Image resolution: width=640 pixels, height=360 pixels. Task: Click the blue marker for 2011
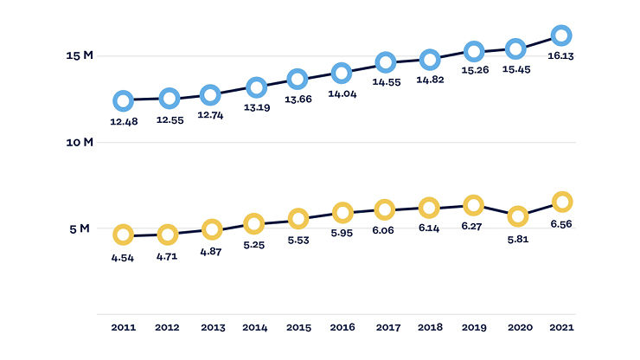pyautogui.click(x=115, y=100)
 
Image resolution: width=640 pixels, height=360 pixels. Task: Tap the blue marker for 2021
pyautogui.click(x=554, y=35)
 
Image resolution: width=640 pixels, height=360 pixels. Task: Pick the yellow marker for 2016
pyautogui.click(x=335, y=213)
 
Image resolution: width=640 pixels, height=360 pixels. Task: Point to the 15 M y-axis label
pyautogui.click(x=80, y=55)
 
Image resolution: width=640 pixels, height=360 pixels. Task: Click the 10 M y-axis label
pyautogui.click(x=80, y=142)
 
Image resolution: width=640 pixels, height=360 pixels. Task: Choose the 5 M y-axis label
pyautogui.click(x=80, y=228)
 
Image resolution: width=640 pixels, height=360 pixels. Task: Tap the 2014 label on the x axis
pyautogui.click(x=255, y=327)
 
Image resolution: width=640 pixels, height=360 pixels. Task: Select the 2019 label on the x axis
pyautogui.click(x=474, y=327)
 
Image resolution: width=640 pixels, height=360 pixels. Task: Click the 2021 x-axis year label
pyautogui.click(x=561, y=327)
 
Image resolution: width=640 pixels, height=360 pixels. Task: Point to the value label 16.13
pyautogui.click(x=560, y=56)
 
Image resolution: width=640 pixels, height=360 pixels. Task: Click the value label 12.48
pyautogui.click(x=124, y=122)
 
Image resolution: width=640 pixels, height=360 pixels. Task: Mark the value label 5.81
pyautogui.click(x=518, y=240)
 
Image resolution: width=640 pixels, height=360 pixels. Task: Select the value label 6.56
pyautogui.click(x=561, y=224)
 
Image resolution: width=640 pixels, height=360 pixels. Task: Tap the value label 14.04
pyautogui.click(x=342, y=94)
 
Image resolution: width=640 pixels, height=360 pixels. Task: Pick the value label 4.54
pyautogui.click(x=123, y=258)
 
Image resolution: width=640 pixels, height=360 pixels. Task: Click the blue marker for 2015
pyautogui.click(x=290, y=80)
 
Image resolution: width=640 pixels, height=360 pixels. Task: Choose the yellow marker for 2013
pyautogui.click(x=204, y=229)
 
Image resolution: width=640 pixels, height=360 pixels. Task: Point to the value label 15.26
pyautogui.click(x=475, y=70)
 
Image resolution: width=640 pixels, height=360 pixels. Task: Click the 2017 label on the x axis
pyautogui.click(x=388, y=327)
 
